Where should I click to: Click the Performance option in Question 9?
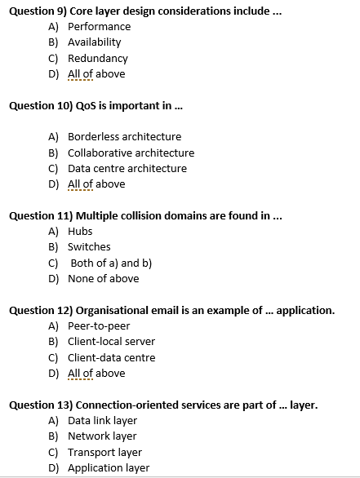99,26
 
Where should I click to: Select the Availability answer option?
94,42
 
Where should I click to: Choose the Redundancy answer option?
98,58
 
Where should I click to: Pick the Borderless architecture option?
124,136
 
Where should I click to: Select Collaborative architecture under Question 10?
131,153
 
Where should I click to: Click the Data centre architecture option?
127,168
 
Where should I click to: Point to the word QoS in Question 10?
86,105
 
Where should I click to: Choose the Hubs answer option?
80,231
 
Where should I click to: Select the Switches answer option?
89,246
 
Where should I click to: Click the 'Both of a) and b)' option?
111,263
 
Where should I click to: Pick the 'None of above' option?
103,278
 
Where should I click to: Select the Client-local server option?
111,341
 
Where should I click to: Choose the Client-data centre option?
111,357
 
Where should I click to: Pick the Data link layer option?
102,420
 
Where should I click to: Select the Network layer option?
102,436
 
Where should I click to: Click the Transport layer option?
104,452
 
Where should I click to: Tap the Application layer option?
109,467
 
